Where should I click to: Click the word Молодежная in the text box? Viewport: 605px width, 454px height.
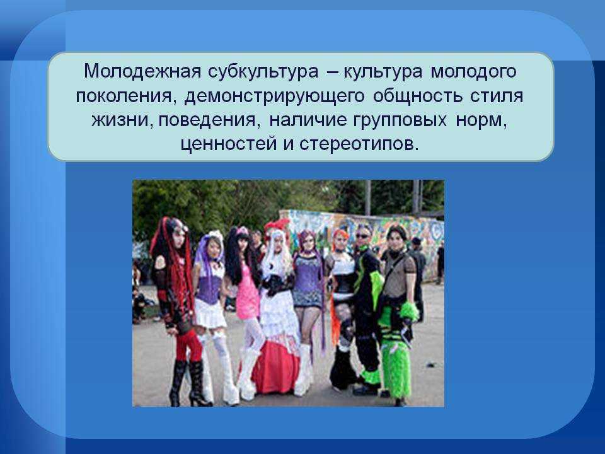coord(142,72)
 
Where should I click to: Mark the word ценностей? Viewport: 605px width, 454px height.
coord(229,145)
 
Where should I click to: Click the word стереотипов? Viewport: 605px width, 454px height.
coord(359,145)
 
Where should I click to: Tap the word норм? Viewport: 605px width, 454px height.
coord(481,121)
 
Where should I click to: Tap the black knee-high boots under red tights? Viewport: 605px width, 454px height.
coord(189,382)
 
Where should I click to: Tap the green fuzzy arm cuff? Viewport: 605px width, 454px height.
coord(409,311)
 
